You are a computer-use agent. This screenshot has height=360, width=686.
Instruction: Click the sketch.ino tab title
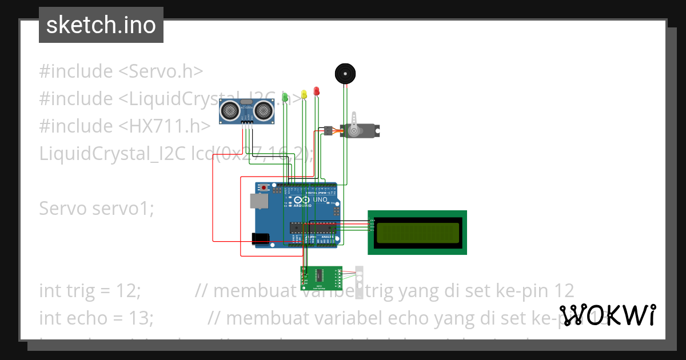coord(101,25)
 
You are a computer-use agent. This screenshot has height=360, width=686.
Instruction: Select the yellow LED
coord(304,95)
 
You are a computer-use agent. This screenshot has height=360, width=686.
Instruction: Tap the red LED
coord(316,91)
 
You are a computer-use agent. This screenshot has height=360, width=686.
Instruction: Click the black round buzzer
coord(345,74)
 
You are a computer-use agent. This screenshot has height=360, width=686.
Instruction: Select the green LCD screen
coord(417,232)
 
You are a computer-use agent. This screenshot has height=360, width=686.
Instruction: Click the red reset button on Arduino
coord(264,187)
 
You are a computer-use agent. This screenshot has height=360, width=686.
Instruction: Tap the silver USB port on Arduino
coord(258,201)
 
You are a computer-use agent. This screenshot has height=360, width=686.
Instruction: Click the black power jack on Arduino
coord(261,238)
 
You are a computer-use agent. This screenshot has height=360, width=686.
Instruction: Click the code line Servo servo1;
coord(97,209)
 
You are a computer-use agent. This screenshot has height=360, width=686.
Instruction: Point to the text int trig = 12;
coord(90,290)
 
